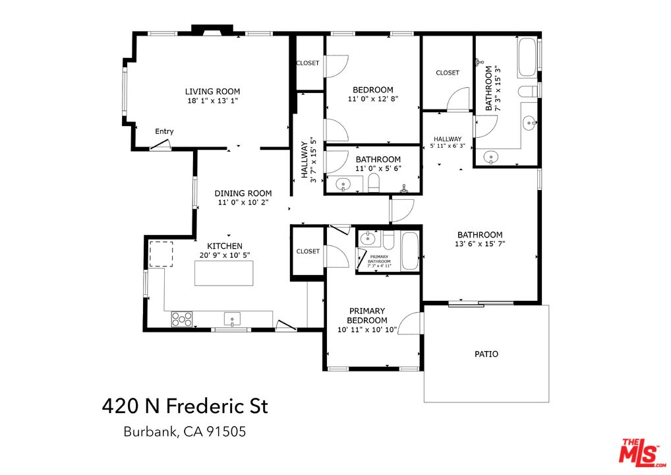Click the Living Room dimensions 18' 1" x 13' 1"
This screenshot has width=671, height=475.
coord(212,102)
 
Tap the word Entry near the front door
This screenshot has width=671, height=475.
coord(164,131)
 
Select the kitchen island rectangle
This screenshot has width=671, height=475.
coord(224,273)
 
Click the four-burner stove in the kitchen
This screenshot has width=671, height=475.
coord(183,319)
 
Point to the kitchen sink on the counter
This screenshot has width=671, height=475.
coord(233,320)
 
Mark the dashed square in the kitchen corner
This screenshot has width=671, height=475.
coord(160,254)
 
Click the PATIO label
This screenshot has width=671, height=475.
coord(486,354)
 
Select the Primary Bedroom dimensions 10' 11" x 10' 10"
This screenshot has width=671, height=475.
coord(367,330)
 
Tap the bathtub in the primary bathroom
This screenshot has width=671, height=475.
coord(409,251)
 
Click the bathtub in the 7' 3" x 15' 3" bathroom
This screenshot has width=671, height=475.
coord(527,58)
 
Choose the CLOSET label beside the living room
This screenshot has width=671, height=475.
coord(308,63)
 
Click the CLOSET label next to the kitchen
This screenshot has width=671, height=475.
coord(308,251)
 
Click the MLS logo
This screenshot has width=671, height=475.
coord(641,452)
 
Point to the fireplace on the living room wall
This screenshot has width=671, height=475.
coord(212,30)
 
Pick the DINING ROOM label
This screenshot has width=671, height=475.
coord(243,193)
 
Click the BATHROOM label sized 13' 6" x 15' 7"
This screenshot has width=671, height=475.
coord(480,235)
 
